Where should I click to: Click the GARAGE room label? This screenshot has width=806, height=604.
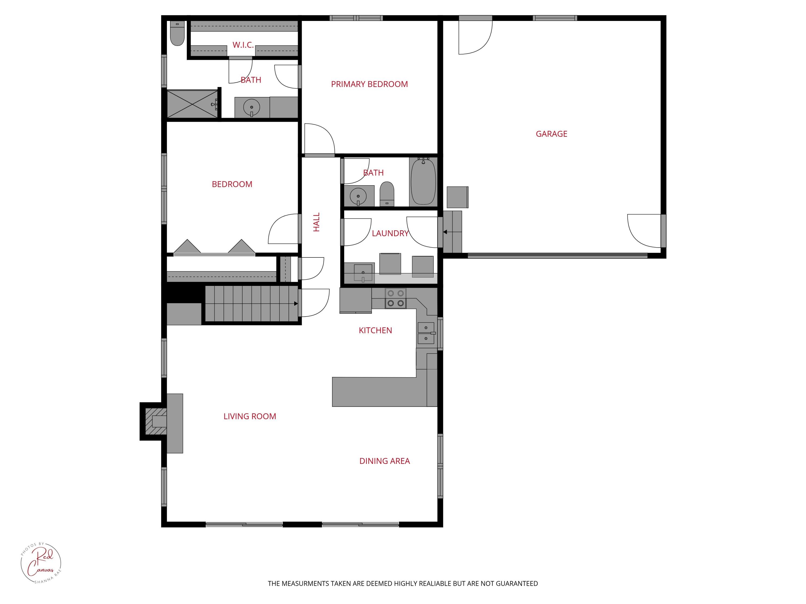[x=551, y=134]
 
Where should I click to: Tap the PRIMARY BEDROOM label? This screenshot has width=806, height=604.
[x=369, y=84]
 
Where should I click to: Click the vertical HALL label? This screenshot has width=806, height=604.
[x=316, y=222]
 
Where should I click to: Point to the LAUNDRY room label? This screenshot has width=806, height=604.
[x=390, y=233]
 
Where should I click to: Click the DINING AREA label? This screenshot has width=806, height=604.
[x=384, y=461]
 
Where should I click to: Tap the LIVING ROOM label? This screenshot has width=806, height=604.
[x=250, y=416]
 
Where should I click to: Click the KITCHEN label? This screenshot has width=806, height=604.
[x=375, y=330]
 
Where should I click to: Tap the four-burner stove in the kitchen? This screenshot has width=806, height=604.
[x=395, y=298]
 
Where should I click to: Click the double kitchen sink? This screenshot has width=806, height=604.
[x=426, y=333]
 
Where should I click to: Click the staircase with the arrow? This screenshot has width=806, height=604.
[x=251, y=304]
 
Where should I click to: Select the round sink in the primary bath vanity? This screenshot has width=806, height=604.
[x=251, y=107]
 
